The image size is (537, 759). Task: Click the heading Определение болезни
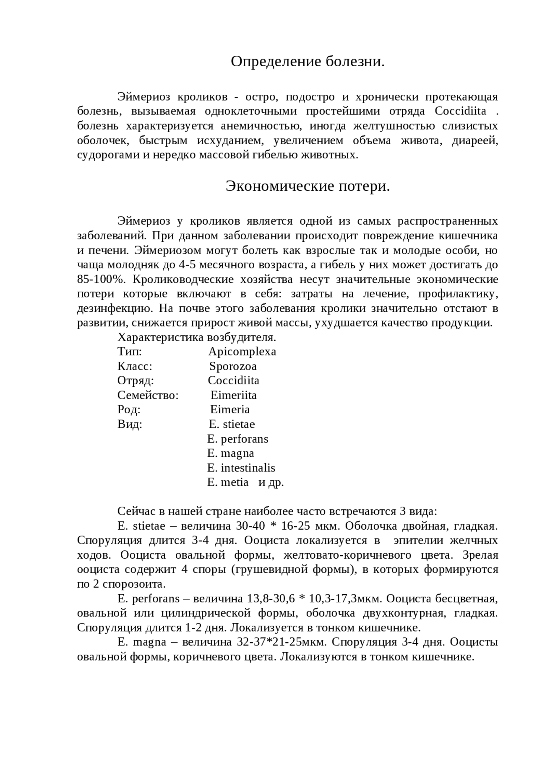308,62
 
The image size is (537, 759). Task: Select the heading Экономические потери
308,186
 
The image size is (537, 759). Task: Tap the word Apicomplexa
242,352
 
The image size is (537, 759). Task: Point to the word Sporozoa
233,366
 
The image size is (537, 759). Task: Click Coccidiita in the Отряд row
234,381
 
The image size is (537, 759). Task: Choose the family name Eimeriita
233,395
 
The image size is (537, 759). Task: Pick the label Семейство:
148,395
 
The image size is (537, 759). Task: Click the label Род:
129,409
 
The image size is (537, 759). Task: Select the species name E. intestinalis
241,468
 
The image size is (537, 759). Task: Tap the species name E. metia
228,482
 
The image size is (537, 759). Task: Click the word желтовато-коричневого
347,555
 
